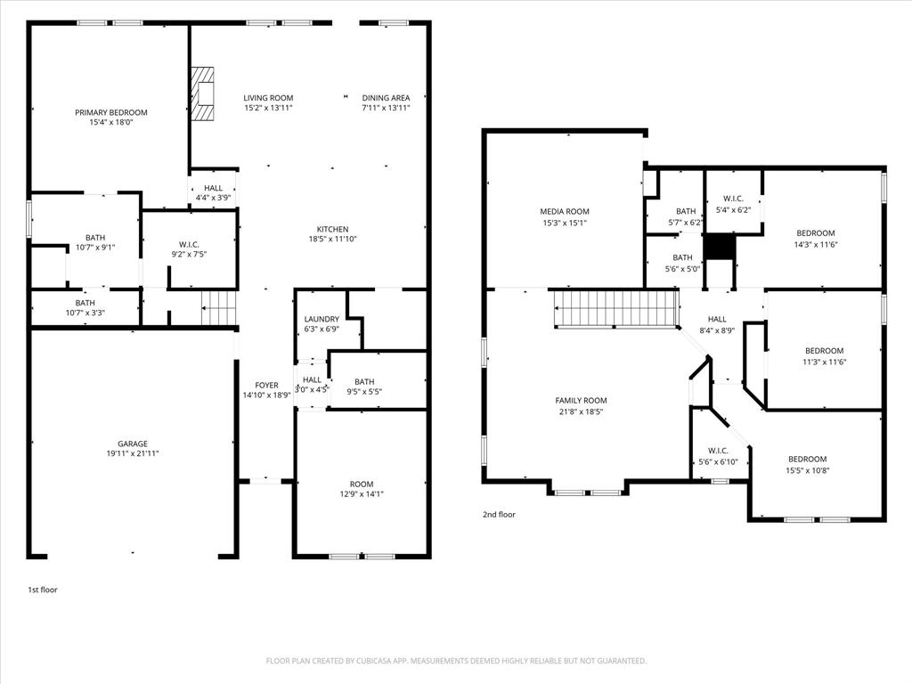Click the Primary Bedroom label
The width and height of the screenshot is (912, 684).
pos(110,112)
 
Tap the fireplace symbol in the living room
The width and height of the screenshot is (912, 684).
pos(203,94)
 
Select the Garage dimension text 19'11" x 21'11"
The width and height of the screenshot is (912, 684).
pos(133,453)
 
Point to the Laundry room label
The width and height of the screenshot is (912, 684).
pos(322,319)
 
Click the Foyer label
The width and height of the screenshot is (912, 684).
pos(266,385)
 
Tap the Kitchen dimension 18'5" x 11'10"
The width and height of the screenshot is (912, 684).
pos(333,239)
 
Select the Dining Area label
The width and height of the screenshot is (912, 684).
pos(386,98)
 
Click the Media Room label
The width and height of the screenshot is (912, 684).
pos(564,212)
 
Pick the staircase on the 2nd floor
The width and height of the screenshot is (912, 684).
pos(617,307)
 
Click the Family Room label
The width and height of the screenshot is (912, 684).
pos(581,401)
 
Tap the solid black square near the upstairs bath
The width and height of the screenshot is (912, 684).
pos(720,246)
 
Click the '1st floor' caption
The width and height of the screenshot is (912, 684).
pos(43,590)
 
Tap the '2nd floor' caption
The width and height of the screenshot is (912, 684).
pos(499,514)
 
